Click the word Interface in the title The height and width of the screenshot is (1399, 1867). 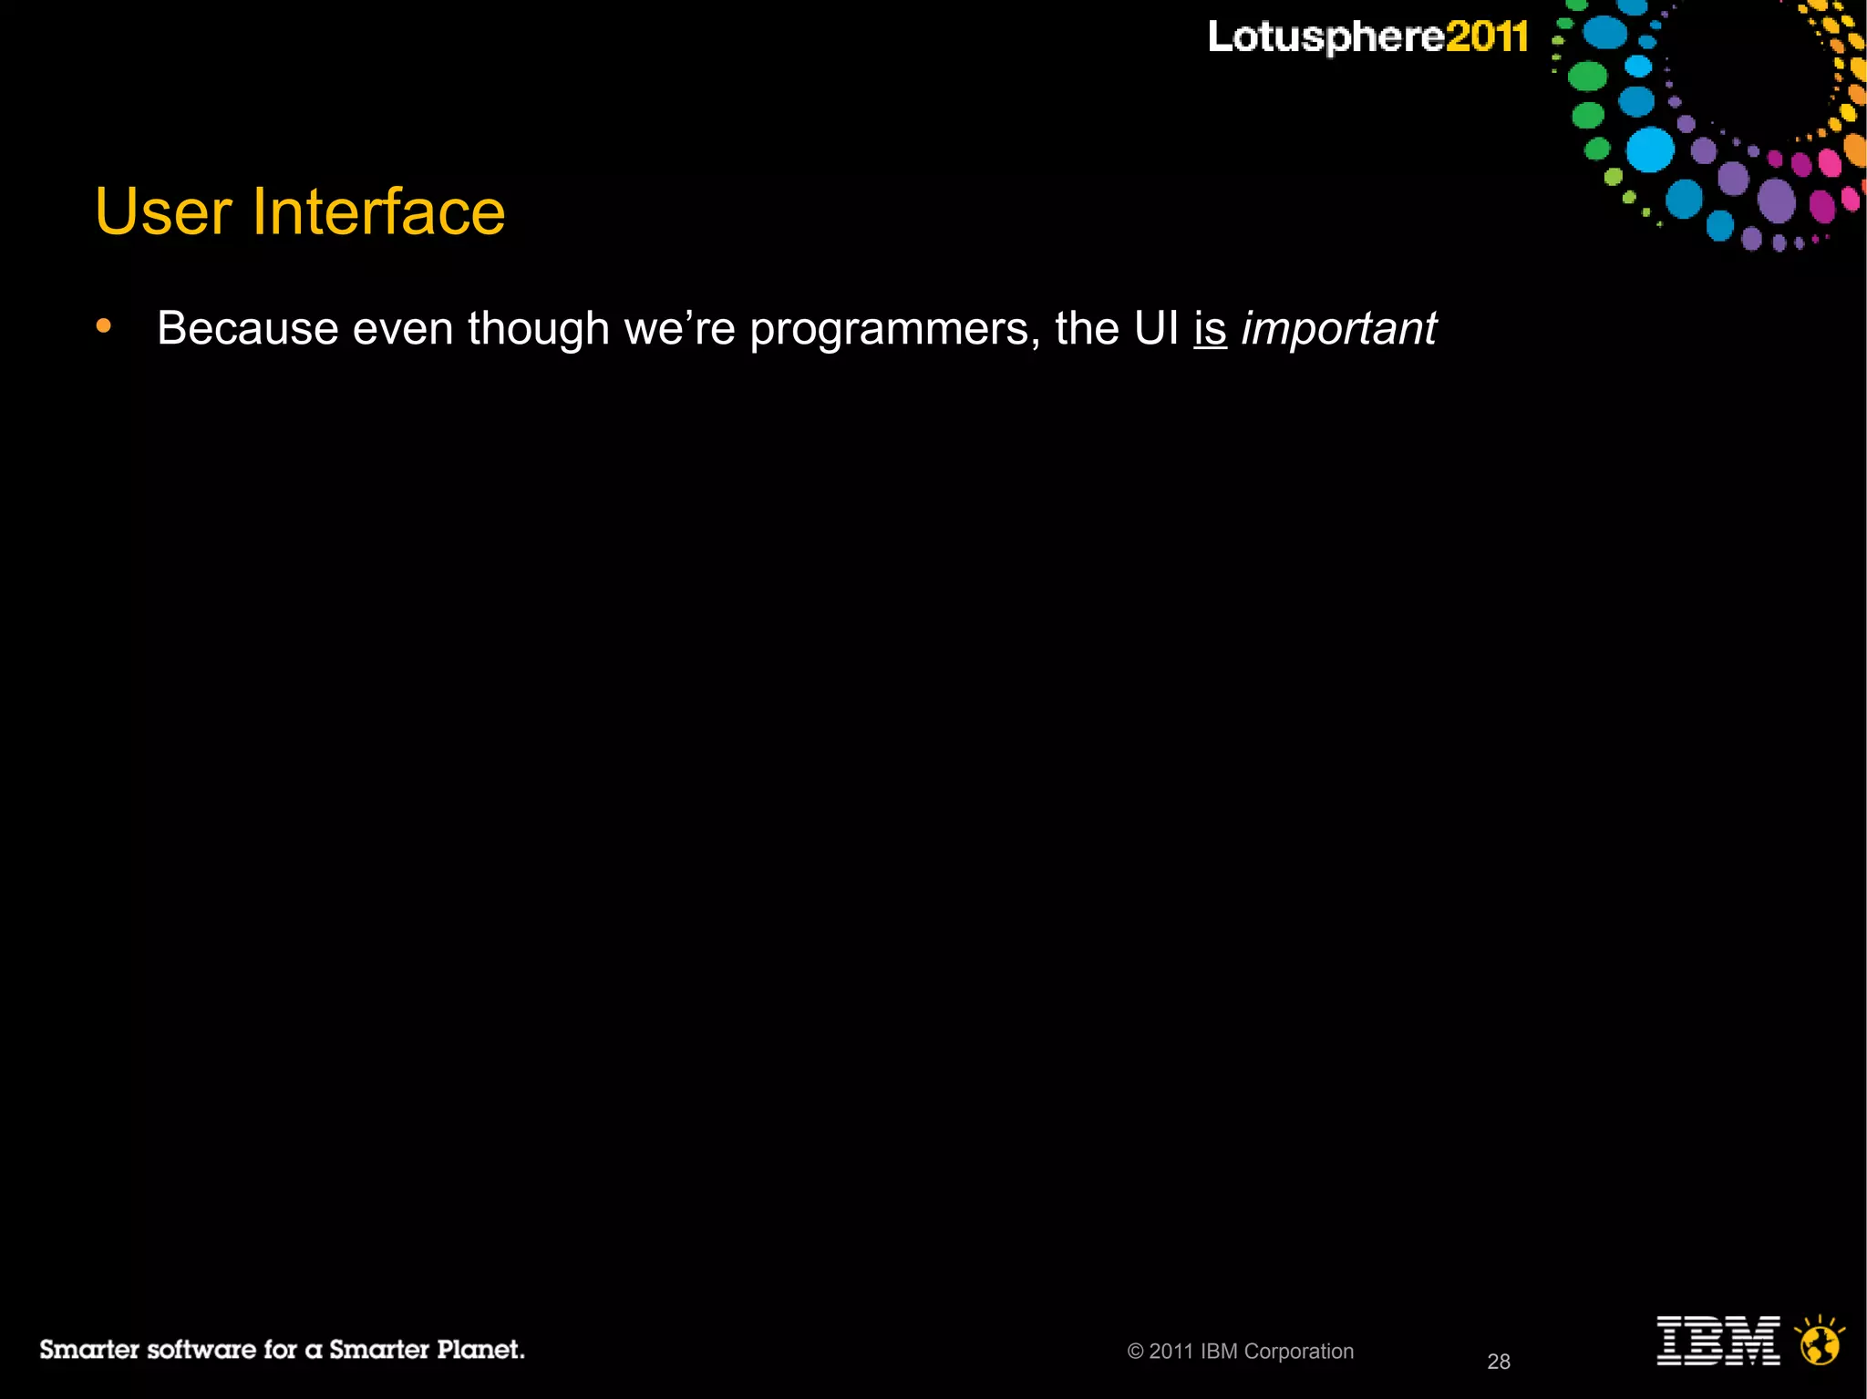pos(377,211)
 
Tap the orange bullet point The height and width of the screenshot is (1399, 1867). pos(104,325)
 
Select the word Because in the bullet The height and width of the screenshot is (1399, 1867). pos(247,328)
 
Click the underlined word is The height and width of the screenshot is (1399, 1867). pos(1210,328)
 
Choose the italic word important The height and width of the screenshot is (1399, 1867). pos(1338,328)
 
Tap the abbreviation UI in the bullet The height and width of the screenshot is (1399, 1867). pos(1157,328)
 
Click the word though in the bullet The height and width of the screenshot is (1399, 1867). pos(538,328)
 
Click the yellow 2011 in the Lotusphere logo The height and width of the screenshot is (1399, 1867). pos(1487,37)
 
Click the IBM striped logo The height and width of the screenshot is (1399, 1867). pos(1717,1340)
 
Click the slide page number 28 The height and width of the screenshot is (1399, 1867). pos(1499,1362)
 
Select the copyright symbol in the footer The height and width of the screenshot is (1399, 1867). pos(1135,1352)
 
